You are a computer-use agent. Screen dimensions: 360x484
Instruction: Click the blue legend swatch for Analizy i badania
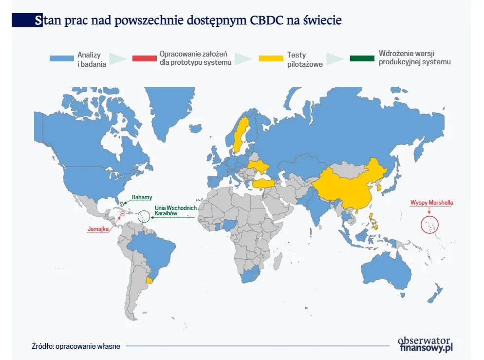[x=61, y=58]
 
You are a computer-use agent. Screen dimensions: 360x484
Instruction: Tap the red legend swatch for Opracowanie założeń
[x=144, y=58]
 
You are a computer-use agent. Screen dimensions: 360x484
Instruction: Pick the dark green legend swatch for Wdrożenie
[x=362, y=58]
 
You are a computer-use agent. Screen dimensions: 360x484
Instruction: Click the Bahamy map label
[x=142, y=197]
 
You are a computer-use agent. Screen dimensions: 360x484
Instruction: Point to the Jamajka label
[x=98, y=228]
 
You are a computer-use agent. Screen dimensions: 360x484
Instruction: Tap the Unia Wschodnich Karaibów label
[x=175, y=211]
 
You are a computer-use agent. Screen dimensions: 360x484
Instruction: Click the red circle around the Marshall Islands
[x=429, y=225]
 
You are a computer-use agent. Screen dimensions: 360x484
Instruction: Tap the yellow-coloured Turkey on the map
[x=263, y=183]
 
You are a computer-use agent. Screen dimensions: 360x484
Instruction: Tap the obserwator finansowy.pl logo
[x=425, y=344]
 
